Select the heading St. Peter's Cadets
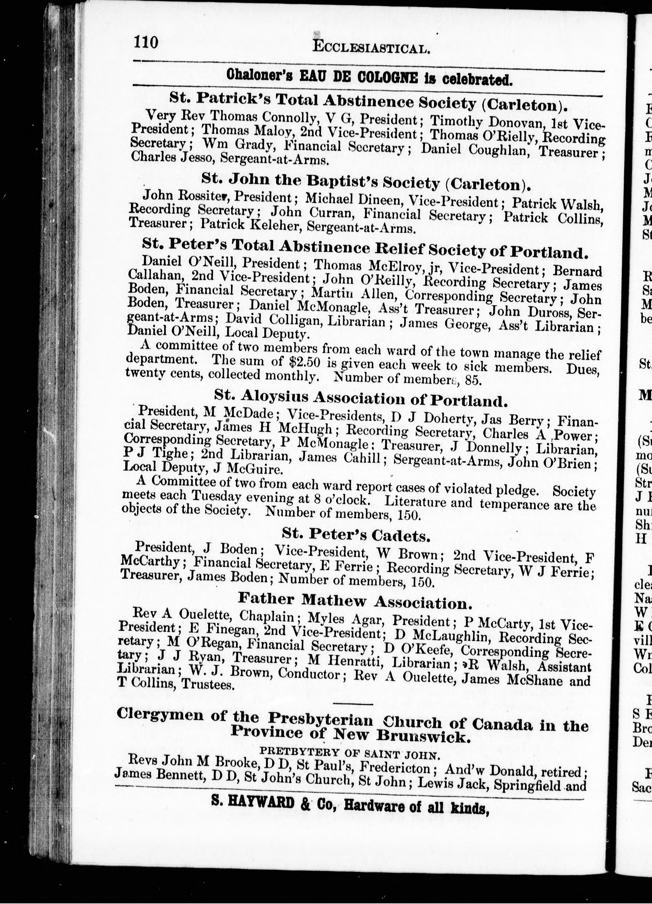[356, 537]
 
